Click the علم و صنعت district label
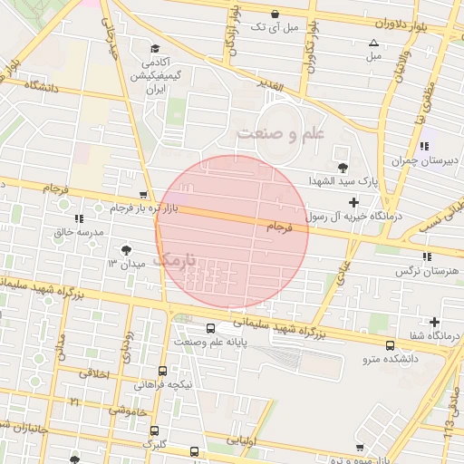[x=281, y=133]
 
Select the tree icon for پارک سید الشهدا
[x=343, y=168]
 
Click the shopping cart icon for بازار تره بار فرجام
[x=143, y=196]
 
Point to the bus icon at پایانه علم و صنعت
[x=210, y=329]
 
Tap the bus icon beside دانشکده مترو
[x=390, y=345]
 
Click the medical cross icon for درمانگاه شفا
[x=436, y=322]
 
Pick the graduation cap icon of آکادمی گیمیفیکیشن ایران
[x=155, y=48]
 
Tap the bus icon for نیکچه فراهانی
[x=162, y=371]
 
